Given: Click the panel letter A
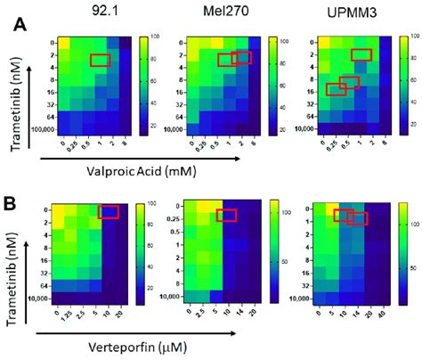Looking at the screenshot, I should [18, 25].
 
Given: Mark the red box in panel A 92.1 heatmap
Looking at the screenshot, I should [101, 60].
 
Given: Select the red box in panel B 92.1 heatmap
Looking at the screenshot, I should [108, 212].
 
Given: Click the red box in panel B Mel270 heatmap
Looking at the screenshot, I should [227, 215].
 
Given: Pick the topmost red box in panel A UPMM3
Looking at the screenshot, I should [361, 54].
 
